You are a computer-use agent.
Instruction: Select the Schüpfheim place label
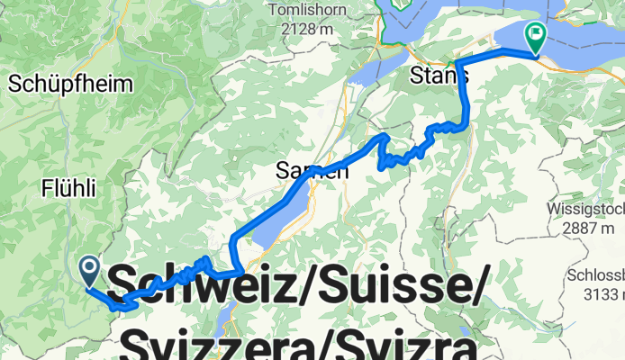click(x=71, y=85)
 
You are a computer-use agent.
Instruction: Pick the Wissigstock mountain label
click(x=585, y=210)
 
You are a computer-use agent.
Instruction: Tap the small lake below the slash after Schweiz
click(x=230, y=320)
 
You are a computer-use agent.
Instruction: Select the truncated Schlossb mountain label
click(x=595, y=275)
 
